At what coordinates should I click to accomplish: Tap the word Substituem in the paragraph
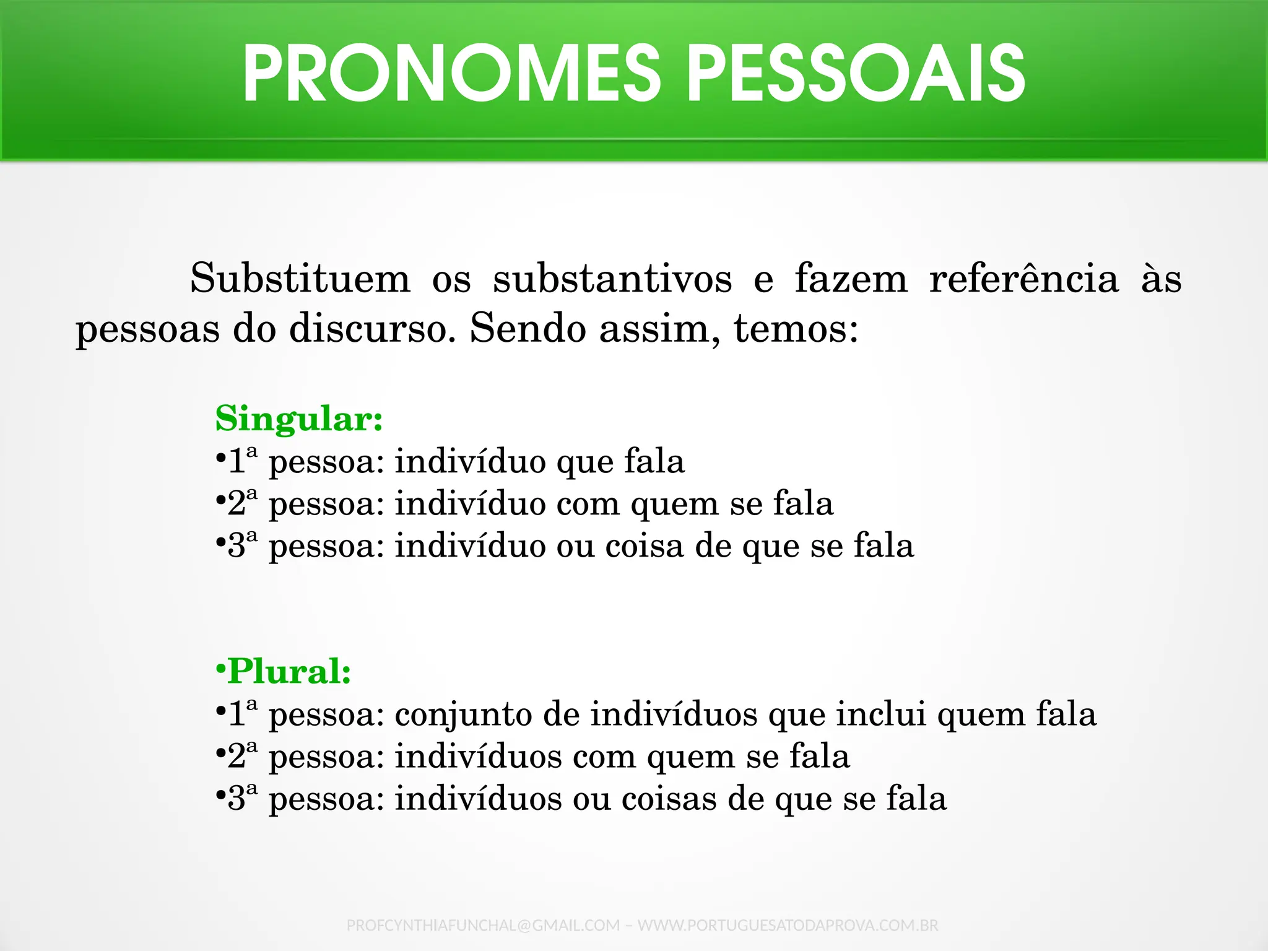(x=300, y=279)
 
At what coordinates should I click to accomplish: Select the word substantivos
(x=612, y=279)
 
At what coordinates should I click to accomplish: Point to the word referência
(x=1024, y=279)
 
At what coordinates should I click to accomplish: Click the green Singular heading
(x=299, y=419)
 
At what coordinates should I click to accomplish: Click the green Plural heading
(x=289, y=671)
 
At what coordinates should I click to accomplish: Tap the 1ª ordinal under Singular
(x=242, y=461)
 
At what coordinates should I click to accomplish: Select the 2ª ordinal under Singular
(x=242, y=503)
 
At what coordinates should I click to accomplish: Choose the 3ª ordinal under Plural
(x=242, y=798)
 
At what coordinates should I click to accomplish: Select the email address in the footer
(x=483, y=926)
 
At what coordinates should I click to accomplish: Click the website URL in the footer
(x=788, y=926)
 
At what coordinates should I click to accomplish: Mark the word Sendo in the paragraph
(x=528, y=328)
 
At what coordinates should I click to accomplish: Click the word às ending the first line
(x=1162, y=279)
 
